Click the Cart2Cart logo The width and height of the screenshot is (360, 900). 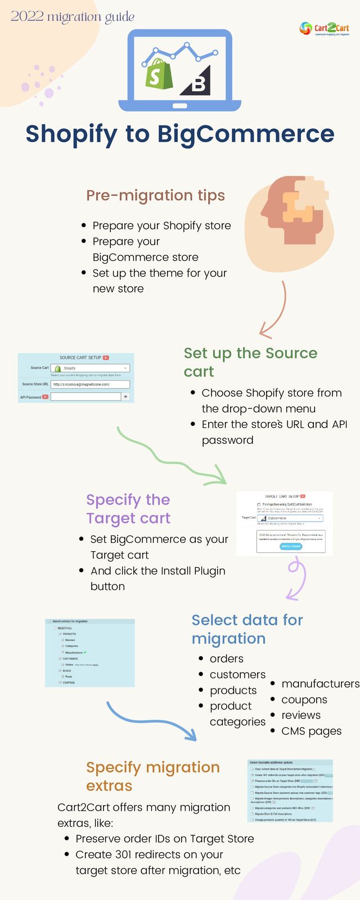[325, 29]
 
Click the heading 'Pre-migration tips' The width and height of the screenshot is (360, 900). [155, 195]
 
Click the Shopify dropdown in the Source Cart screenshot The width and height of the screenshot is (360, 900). [91, 368]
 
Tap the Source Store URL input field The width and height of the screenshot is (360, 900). [90, 384]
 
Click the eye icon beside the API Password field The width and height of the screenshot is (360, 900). [125, 397]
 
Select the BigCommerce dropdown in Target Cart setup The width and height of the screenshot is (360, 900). [291, 518]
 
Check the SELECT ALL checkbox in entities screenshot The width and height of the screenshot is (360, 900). [55, 628]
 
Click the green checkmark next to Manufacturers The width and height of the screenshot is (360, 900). [85, 652]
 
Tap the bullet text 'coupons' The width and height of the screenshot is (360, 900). [304, 700]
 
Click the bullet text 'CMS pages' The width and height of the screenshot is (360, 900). [311, 731]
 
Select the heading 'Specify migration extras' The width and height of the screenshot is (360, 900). [152, 776]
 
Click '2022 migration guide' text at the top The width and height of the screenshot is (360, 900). [73, 17]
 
